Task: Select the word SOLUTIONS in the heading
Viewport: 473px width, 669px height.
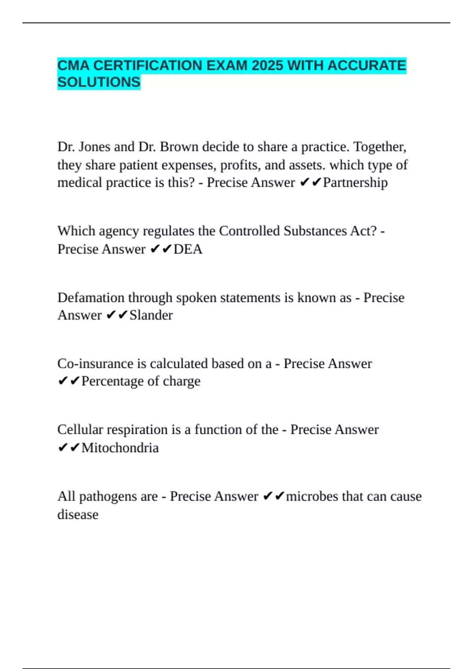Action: click(x=99, y=82)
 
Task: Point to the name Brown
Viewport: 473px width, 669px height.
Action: click(x=179, y=147)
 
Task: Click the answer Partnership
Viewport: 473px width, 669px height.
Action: click(x=355, y=183)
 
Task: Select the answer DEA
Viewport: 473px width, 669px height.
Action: click(x=188, y=249)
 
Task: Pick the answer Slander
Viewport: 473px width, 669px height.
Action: click(x=151, y=315)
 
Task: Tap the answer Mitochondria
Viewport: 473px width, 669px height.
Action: click(x=120, y=448)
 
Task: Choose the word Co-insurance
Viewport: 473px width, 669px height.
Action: click(x=95, y=364)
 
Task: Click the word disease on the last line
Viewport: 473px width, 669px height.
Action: click(x=78, y=514)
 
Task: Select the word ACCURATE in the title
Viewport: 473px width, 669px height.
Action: click(x=367, y=65)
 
